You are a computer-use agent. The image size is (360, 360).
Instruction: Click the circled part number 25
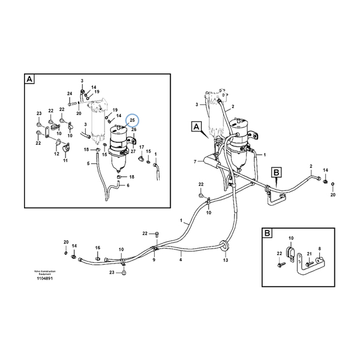pos(133,121)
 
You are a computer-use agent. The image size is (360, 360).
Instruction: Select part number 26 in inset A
pos(134,130)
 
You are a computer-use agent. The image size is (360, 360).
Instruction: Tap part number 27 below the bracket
pos(133,151)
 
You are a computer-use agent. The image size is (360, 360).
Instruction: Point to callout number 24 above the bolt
pos(70,94)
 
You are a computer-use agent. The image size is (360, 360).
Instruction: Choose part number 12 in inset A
pos(56,154)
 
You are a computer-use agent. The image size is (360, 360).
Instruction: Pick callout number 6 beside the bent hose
pos(127,185)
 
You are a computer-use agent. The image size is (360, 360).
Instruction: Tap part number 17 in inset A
pos(142,147)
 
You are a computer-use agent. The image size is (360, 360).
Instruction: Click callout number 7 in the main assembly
pos(194,162)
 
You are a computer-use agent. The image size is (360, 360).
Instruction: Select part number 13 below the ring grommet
pos(226,260)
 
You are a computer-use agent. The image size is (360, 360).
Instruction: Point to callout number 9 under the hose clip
pos(153,260)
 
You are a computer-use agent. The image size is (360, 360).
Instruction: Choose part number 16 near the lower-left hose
pos(97,247)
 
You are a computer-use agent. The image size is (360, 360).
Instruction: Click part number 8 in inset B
pos(320,248)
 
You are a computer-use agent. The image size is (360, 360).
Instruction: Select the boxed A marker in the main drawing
pos(196,127)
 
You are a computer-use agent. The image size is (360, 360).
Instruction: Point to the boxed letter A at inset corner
pos(29,79)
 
